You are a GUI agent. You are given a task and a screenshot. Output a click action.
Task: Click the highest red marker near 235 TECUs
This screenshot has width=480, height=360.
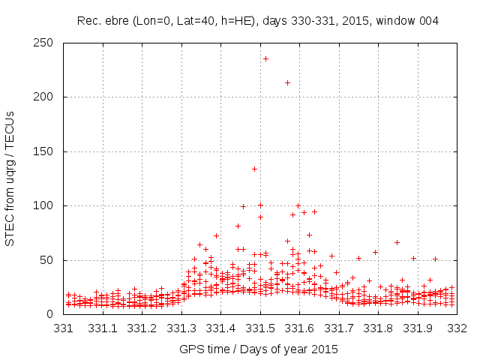[265, 58]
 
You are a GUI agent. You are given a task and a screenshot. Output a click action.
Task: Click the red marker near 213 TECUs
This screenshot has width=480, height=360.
[287, 82]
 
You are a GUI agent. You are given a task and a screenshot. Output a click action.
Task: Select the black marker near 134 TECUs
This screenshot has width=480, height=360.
[254, 169]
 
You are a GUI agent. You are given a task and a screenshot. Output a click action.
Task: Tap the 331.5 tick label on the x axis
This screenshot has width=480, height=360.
[260, 328]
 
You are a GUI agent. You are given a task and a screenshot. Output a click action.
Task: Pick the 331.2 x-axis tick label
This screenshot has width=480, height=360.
[142, 328]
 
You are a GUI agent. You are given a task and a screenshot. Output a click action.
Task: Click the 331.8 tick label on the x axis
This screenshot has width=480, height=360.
[378, 328]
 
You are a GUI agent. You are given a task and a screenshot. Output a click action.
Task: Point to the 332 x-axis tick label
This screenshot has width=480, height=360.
[457, 328]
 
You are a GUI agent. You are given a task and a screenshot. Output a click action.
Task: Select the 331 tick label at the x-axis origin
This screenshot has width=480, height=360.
[64, 328]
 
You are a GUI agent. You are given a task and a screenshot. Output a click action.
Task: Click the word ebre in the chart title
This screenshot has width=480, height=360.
[115, 20]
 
